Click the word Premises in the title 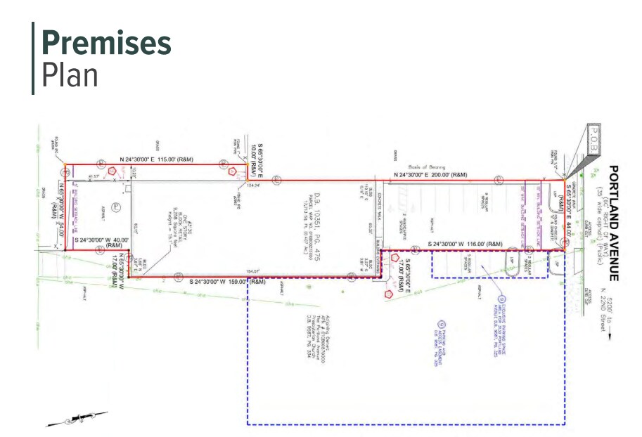pyautogui.click(x=105, y=43)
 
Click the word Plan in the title pyautogui.click(x=70, y=74)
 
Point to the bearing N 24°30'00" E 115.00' pyautogui.click(x=157, y=159)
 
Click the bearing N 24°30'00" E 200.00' pyautogui.click(x=430, y=174)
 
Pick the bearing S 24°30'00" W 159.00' pyautogui.click(x=227, y=282)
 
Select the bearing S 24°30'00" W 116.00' pyautogui.click(x=466, y=244)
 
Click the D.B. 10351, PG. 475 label pyautogui.click(x=316, y=228)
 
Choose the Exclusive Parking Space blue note pyautogui.click(x=505, y=310)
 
